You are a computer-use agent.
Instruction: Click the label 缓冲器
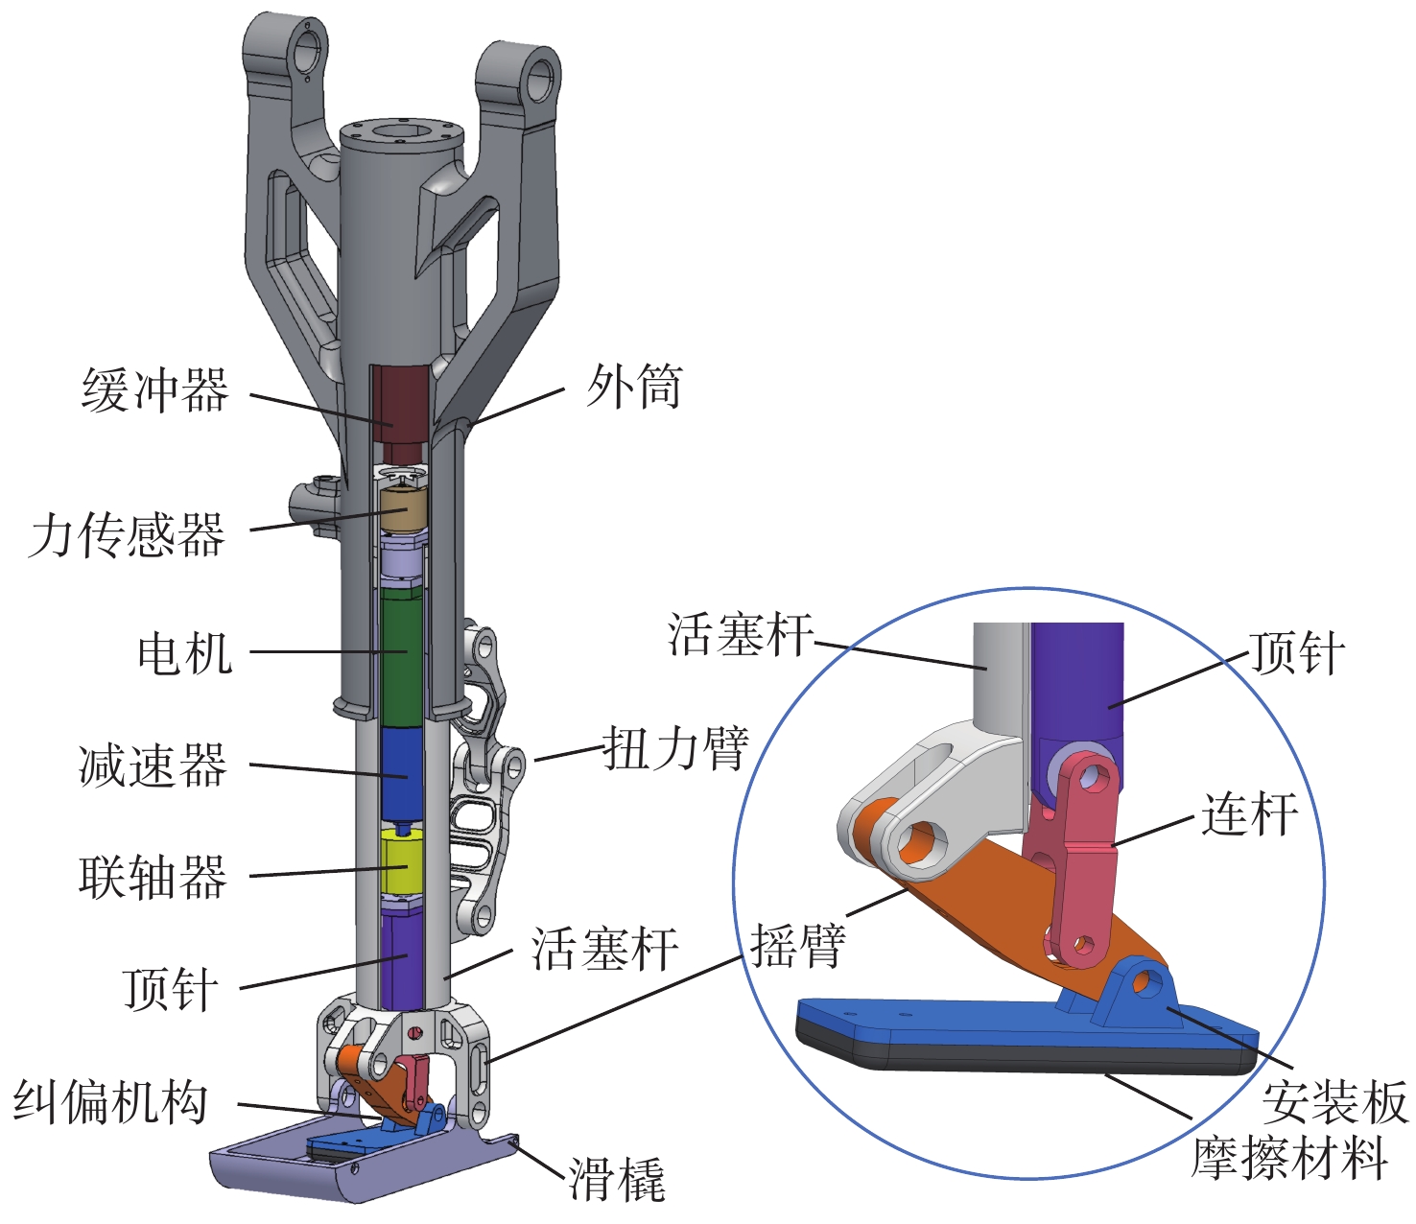(x=155, y=389)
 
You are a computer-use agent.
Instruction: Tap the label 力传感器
(x=127, y=535)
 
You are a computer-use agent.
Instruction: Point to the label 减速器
(x=153, y=765)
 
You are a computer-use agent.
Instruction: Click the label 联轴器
(x=153, y=877)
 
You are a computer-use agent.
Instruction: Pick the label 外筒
(x=634, y=387)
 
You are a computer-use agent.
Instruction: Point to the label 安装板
(x=1334, y=1102)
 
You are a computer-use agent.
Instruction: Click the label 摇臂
(x=798, y=945)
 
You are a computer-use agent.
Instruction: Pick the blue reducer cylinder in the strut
(x=403, y=774)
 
